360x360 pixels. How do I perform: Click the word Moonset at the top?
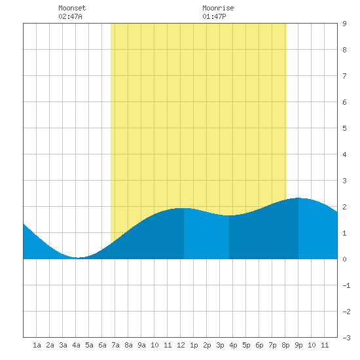point(72,8)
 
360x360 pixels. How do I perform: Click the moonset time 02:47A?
point(70,16)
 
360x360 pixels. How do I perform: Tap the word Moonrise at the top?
point(218,8)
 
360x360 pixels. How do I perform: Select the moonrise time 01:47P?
point(214,16)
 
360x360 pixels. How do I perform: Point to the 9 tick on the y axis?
point(344,24)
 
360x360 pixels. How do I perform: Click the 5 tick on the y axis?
point(344,128)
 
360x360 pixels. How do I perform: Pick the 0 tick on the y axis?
point(344,259)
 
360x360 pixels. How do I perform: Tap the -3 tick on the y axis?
point(346,338)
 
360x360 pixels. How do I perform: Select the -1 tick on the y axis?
point(346,285)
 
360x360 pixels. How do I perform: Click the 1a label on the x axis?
point(37,345)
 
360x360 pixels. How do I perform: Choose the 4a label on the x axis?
point(76,345)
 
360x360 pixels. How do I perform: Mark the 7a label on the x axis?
point(115,345)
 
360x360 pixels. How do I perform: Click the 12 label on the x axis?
point(181,345)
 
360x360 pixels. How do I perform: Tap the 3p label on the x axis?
point(220,345)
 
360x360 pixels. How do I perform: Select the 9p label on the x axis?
point(298,345)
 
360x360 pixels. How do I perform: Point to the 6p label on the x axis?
point(259,345)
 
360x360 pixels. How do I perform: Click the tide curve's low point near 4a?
point(78,258)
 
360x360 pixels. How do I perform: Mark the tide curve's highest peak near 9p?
point(298,198)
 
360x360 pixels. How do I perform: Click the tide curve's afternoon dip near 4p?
point(229,215)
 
